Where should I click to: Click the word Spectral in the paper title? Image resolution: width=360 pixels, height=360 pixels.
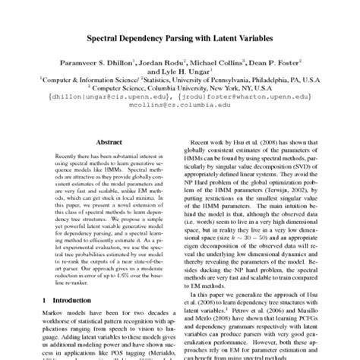tap(113, 36)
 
